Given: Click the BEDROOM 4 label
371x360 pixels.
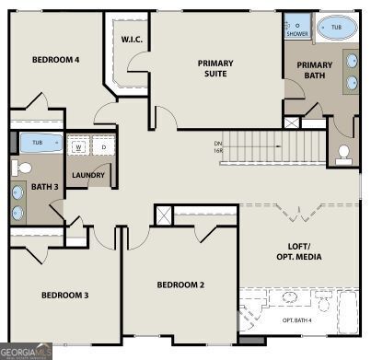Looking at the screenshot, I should (55, 60).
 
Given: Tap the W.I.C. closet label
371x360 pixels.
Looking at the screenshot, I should (130, 40).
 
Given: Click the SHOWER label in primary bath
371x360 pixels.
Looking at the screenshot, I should (297, 33).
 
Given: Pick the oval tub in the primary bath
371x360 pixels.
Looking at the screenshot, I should (337, 29).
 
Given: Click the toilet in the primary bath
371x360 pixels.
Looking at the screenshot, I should (344, 152).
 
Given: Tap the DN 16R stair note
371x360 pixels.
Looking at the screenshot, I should (218, 146).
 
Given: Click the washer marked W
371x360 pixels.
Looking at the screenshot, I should (79, 146).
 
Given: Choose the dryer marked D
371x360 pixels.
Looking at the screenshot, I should (103, 146).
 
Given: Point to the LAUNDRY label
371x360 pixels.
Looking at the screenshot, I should (88, 175).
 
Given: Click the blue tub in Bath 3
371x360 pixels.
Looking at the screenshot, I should (37, 143).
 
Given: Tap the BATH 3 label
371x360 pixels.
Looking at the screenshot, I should (43, 187).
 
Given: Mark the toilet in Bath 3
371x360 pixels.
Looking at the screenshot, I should (22, 168).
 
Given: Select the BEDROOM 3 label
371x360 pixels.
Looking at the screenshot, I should (64, 296).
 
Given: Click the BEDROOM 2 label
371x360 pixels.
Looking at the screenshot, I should (180, 285).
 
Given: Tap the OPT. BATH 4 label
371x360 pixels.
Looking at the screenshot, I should (296, 320).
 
